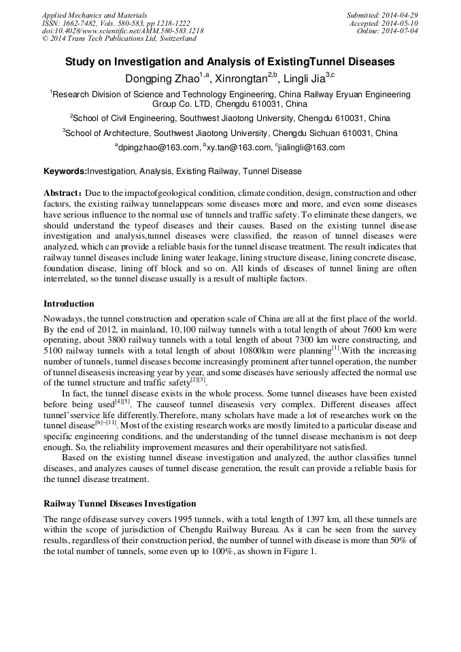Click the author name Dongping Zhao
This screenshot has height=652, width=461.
[163, 79]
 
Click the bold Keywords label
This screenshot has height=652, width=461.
[65, 171]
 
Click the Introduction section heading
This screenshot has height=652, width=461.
[69, 304]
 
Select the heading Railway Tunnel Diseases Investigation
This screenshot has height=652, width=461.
[120, 504]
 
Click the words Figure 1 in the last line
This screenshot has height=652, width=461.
[298, 551]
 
